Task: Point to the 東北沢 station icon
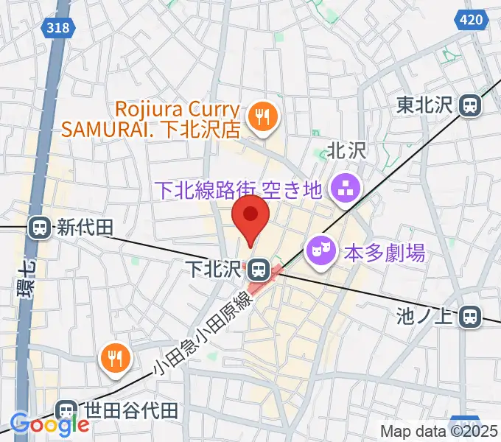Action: [469, 105]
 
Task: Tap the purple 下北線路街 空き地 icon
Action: [343, 189]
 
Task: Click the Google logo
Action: [49, 424]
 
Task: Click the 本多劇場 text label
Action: [385, 253]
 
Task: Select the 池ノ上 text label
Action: [425, 318]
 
